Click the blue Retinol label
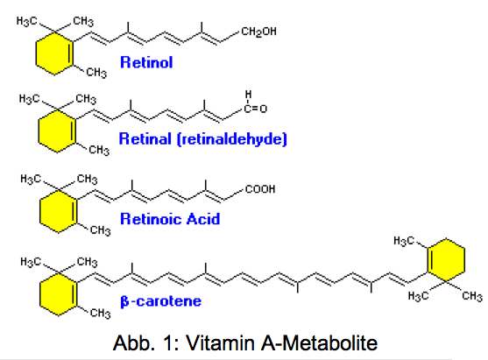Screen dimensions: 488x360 pos(146,62)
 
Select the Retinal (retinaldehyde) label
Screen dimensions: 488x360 pos(203,138)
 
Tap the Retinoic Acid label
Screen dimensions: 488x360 pos(170,219)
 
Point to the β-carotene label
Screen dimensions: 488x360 pos(161,301)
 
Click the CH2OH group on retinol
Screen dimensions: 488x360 pos(258,32)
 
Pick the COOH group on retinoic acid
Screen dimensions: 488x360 pos(260,189)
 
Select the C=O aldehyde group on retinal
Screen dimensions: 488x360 pos(256,109)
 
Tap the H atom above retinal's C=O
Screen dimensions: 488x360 pos(248,94)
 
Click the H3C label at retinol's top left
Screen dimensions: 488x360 pos(26,21)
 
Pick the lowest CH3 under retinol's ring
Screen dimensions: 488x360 pos(96,73)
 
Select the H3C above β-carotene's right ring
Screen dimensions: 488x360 pos(404,241)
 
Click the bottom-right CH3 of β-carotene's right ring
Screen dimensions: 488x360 pos(472,296)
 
